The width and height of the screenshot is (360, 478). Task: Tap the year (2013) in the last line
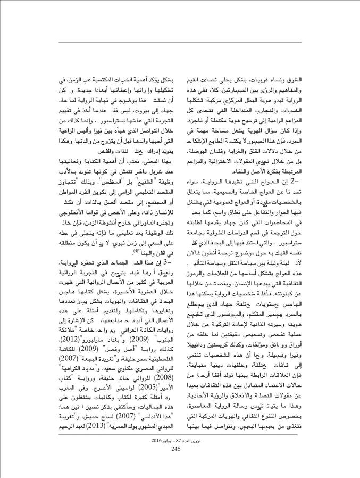pos(82,428)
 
